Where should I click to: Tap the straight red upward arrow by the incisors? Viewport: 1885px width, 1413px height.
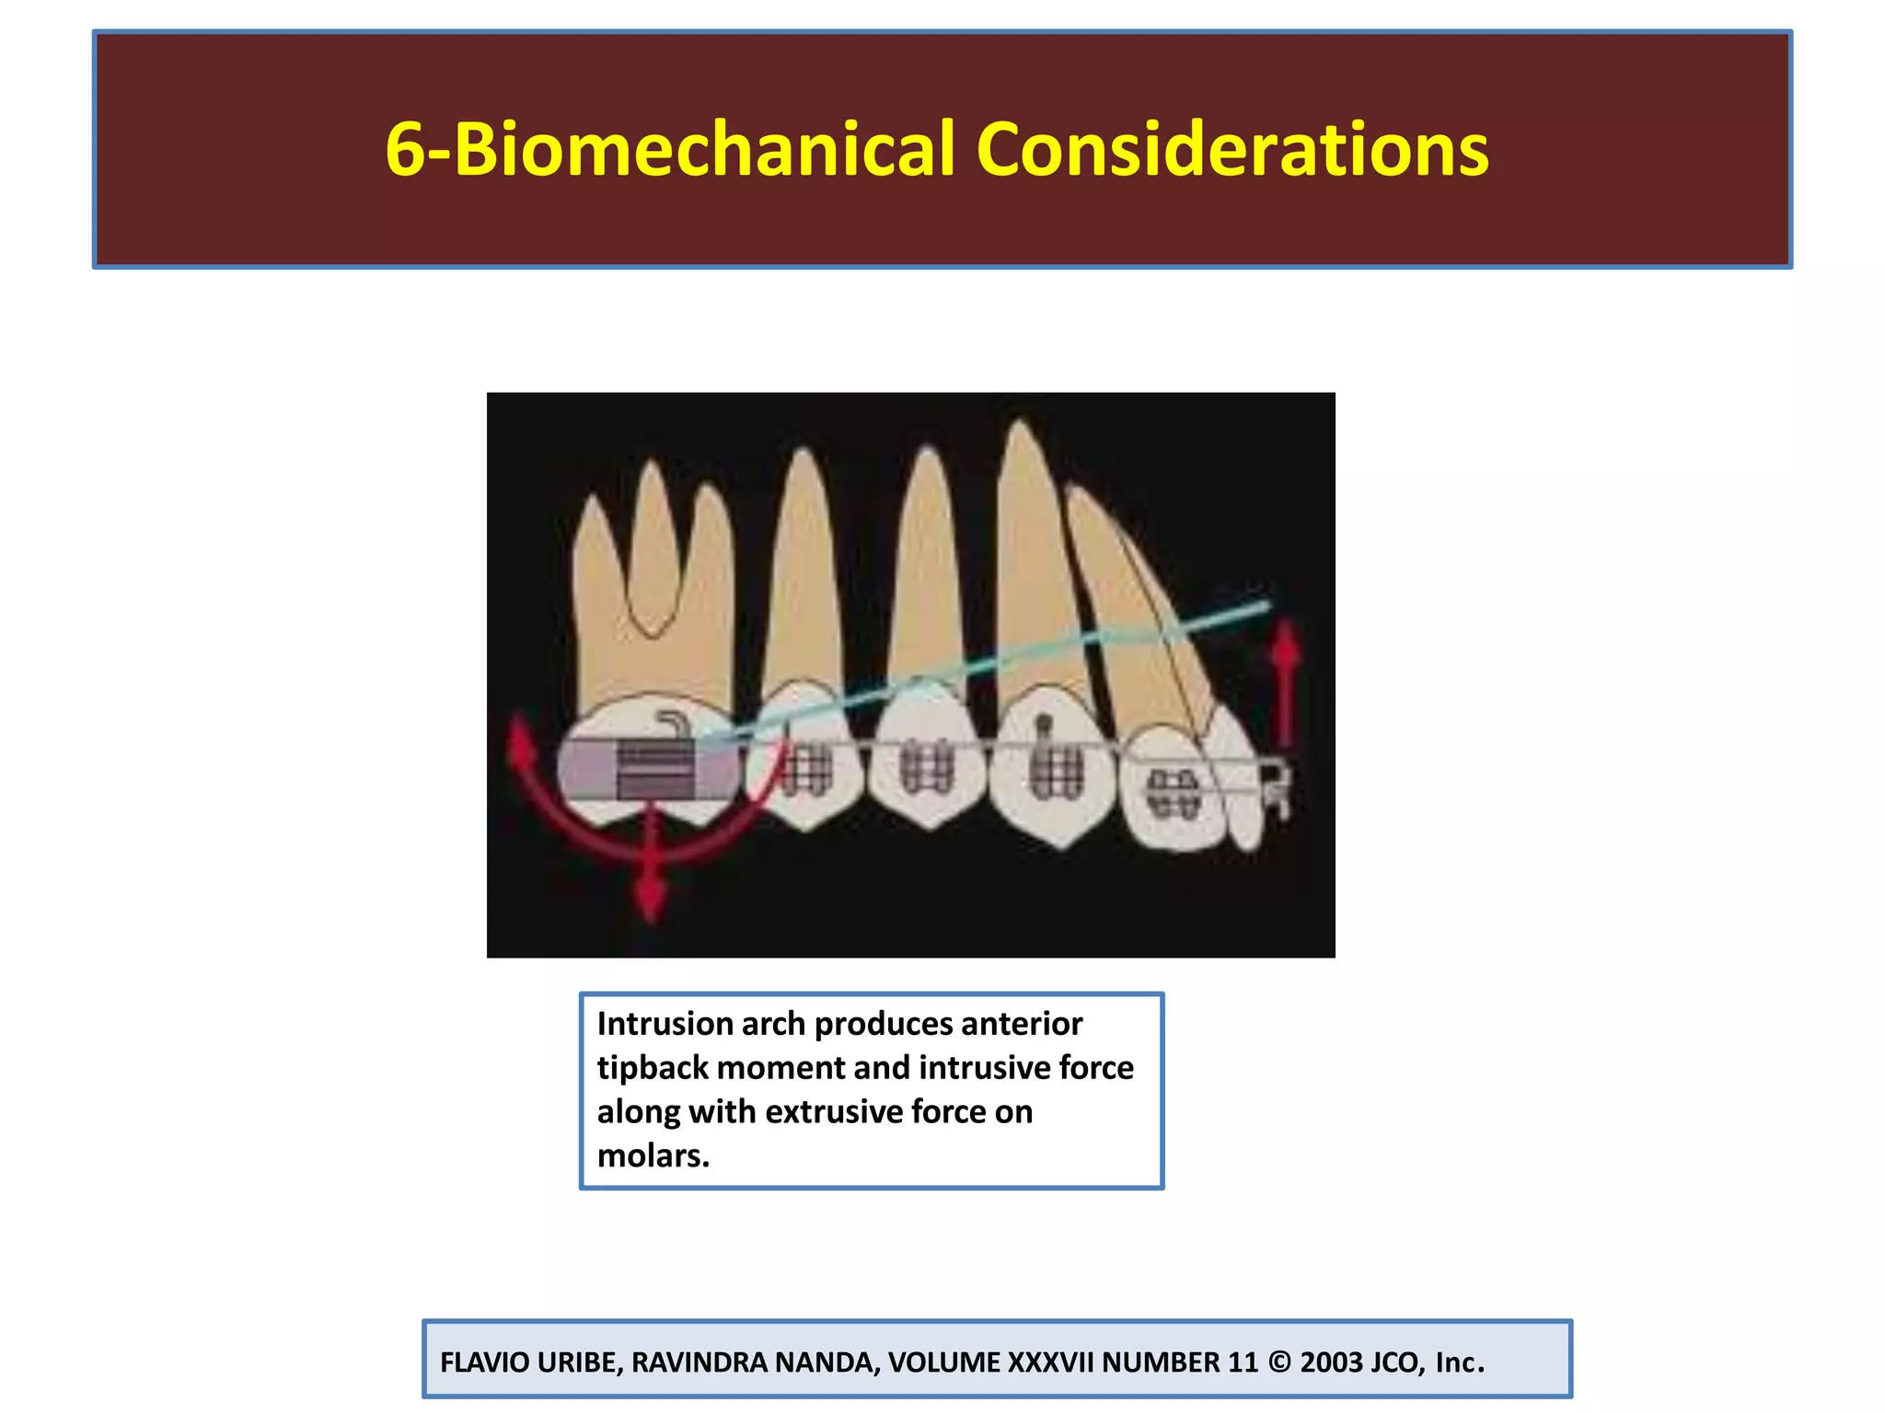(x=1286, y=685)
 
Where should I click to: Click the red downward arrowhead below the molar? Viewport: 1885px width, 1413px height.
(x=652, y=897)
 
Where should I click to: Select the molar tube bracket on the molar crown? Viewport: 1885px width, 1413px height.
(x=655, y=768)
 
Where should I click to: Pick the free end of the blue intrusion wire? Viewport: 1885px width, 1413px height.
(x=1266, y=605)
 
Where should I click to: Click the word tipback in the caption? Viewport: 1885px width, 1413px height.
(x=652, y=1068)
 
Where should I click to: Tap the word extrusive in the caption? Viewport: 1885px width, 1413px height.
(x=833, y=1112)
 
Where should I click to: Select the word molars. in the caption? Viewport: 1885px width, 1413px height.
(x=653, y=1156)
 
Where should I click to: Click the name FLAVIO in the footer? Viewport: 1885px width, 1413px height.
(x=484, y=1362)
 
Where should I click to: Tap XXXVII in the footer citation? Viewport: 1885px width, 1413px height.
(x=1050, y=1362)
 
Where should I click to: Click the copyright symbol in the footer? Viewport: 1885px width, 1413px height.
(x=1278, y=1362)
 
